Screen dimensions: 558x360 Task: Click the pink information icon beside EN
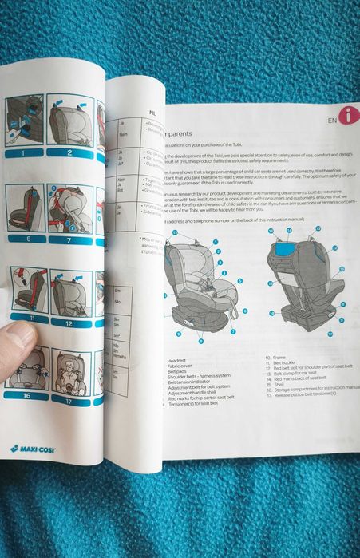coord(348,117)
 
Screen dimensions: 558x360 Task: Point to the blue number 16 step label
coord(26,395)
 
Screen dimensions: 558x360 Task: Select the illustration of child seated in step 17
coord(70,370)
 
